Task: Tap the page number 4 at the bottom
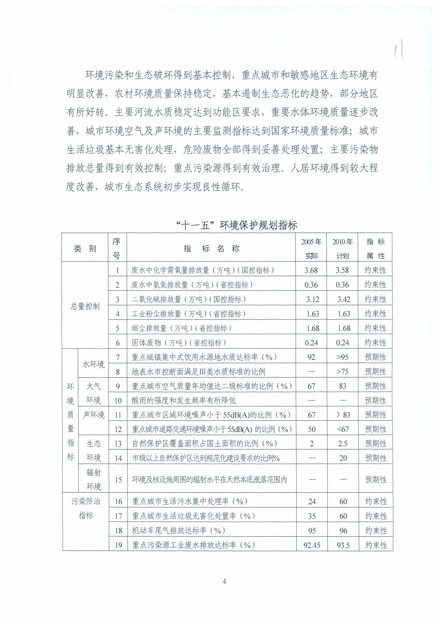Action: tap(224, 581)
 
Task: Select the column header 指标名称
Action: tap(211, 248)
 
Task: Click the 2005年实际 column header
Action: tap(311, 248)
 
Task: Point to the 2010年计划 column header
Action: tap(342, 248)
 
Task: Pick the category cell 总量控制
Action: tap(85, 306)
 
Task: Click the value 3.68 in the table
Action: tap(311, 270)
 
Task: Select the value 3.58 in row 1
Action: tap(342, 270)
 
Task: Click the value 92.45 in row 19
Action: tap(312, 545)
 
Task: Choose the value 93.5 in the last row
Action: tap(343, 545)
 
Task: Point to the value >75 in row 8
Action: tap(342, 372)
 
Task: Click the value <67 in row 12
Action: tap(343, 429)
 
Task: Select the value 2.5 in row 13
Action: tap(343, 444)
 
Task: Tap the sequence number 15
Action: tap(118, 480)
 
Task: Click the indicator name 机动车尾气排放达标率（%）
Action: tap(179, 530)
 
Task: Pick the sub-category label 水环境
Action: tap(93, 364)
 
